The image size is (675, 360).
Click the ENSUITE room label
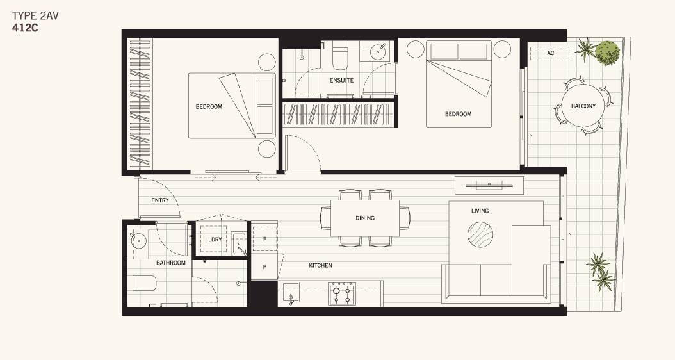(341, 81)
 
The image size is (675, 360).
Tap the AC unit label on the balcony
(551, 53)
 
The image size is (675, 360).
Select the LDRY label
(215, 240)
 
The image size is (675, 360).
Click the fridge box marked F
(264, 238)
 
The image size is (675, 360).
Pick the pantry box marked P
(264, 266)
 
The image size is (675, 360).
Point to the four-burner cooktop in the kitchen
(342, 293)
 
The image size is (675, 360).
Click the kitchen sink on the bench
(291, 293)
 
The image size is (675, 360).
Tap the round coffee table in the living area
(480, 234)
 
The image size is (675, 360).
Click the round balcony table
(583, 106)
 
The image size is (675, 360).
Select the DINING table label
(365, 218)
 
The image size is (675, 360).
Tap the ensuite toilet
(339, 56)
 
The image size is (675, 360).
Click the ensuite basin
(378, 52)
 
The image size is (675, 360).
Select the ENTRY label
(160, 200)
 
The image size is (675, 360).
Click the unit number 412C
(25, 28)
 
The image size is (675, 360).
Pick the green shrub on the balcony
(608, 53)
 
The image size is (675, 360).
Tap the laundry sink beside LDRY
(239, 244)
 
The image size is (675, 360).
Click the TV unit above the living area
(489, 185)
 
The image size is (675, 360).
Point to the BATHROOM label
(171, 263)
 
